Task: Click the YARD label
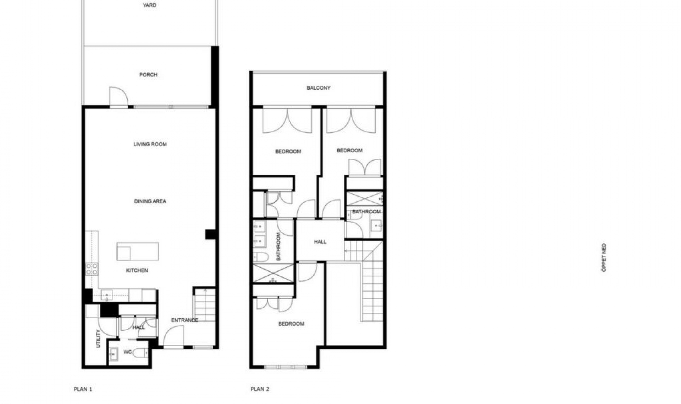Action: (149, 5)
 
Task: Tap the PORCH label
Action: (148, 75)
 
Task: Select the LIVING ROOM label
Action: (150, 144)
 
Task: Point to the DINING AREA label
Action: (150, 201)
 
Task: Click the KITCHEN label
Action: (137, 270)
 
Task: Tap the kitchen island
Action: (138, 251)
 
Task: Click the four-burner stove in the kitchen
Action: (92, 269)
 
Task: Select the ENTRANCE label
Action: (184, 320)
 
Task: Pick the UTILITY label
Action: (99, 338)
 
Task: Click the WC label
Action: (127, 352)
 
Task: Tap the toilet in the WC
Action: (142, 353)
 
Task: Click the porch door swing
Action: (118, 96)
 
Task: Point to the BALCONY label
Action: (319, 88)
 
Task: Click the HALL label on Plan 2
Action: (320, 242)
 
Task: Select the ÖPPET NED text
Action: (604, 258)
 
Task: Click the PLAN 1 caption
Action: (83, 389)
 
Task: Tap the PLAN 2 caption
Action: (260, 389)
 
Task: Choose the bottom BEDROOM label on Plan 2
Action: (291, 324)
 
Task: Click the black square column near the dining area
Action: (210, 234)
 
